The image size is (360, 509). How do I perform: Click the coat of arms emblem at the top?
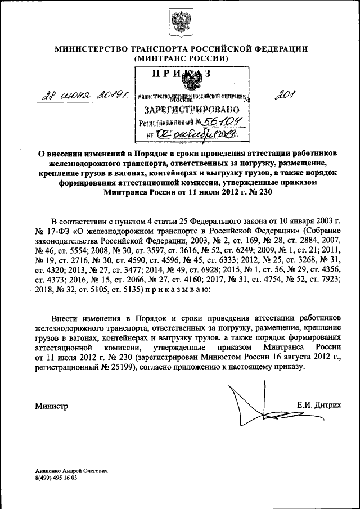(180, 22)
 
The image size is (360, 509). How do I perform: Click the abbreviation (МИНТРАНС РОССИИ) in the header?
(181, 58)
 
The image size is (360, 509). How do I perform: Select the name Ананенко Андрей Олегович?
(71, 470)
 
